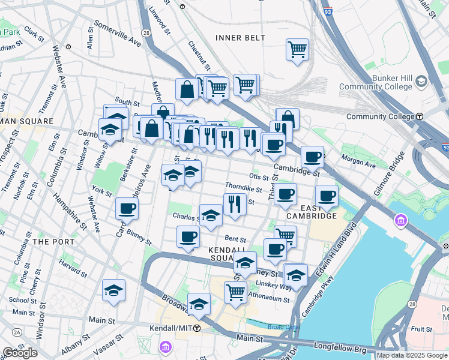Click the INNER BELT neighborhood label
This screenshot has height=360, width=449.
pos(240,38)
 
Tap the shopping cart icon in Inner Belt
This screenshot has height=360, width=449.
pos(297,50)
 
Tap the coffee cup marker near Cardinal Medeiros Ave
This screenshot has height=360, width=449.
pos(127,208)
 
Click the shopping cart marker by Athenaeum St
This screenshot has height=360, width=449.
pos(235,292)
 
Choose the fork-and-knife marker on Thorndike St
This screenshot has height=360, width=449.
pos(235,204)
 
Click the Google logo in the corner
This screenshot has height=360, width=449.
pos(20,353)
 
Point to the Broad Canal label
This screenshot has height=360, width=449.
pos(280,326)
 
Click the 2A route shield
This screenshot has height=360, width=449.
pos(17,331)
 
